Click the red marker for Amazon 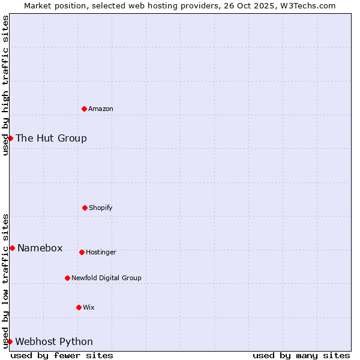coord(85,109)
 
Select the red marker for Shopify coord(85,208)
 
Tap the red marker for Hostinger coord(82,252)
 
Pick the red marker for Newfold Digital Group coord(67,278)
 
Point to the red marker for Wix coord(79,307)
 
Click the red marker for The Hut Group coord(10,138)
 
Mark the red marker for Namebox coord(12,248)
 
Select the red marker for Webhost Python coord(10,341)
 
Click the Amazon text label coord(101,109)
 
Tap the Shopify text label coord(101,208)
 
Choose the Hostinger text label coord(101,252)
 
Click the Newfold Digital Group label coord(106,278)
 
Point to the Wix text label coord(89,307)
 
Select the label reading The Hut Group coord(51,138)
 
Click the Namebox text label coord(40,248)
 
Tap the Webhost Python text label coord(54,341)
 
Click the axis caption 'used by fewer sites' coord(62,355)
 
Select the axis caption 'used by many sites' coord(301,355)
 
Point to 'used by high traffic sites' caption coord(5,85)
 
